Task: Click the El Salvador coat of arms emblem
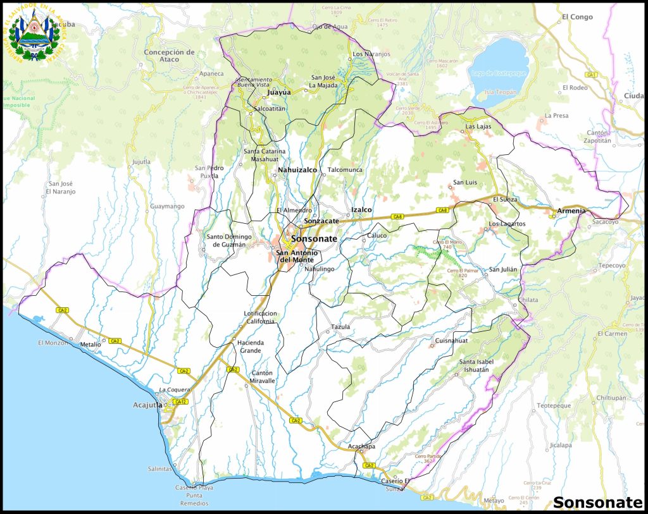pyautogui.click(x=33, y=36)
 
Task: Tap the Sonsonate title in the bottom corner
pyautogui.click(x=597, y=503)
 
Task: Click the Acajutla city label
pyautogui.click(x=147, y=405)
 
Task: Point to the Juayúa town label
pyautogui.click(x=279, y=92)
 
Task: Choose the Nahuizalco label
pyautogui.click(x=297, y=170)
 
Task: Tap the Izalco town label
pyautogui.click(x=361, y=209)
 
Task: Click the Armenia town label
pyautogui.click(x=571, y=211)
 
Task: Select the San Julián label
pyautogui.click(x=503, y=269)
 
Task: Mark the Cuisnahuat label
pyautogui.click(x=451, y=341)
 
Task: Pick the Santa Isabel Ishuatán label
pyautogui.click(x=476, y=365)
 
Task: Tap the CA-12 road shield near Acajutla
pyautogui.click(x=180, y=401)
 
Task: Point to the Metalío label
pyautogui.click(x=90, y=345)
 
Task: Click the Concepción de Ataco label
pyautogui.click(x=169, y=56)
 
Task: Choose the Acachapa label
pyautogui.click(x=361, y=447)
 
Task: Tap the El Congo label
pyautogui.click(x=577, y=17)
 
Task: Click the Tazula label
pyautogui.click(x=340, y=327)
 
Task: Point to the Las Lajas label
pyautogui.click(x=478, y=126)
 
